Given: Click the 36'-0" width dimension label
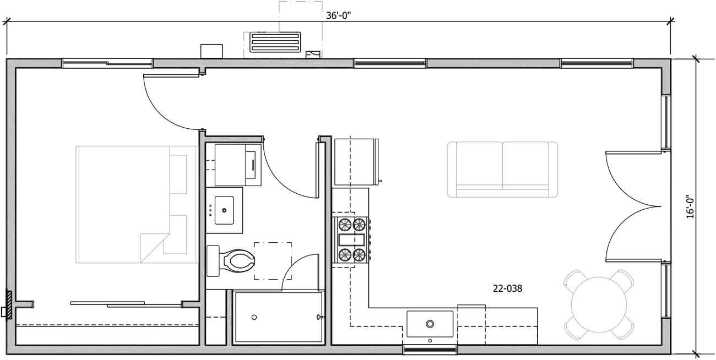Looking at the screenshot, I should click(x=338, y=15).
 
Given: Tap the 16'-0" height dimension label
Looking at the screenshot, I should click(x=690, y=206).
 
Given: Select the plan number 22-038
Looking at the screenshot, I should click(x=507, y=288).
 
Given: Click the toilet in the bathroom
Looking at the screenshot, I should click(x=232, y=260).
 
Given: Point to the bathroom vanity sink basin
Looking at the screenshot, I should click(x=225, y=210).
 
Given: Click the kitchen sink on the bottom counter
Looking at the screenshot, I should click(x=430, y=324).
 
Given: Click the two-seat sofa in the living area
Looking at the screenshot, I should click(x=502, y=169).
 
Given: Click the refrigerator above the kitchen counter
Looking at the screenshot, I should click(x=356, y=162).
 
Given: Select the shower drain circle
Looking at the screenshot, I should click(x=254, y=317).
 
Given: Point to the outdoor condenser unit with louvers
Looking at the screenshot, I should click(x=275, y=42).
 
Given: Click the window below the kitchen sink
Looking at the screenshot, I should click(x=430, y=350).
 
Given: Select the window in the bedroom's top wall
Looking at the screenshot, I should click(x=107, y=63).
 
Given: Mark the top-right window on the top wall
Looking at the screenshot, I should click(x=596, y=63).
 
